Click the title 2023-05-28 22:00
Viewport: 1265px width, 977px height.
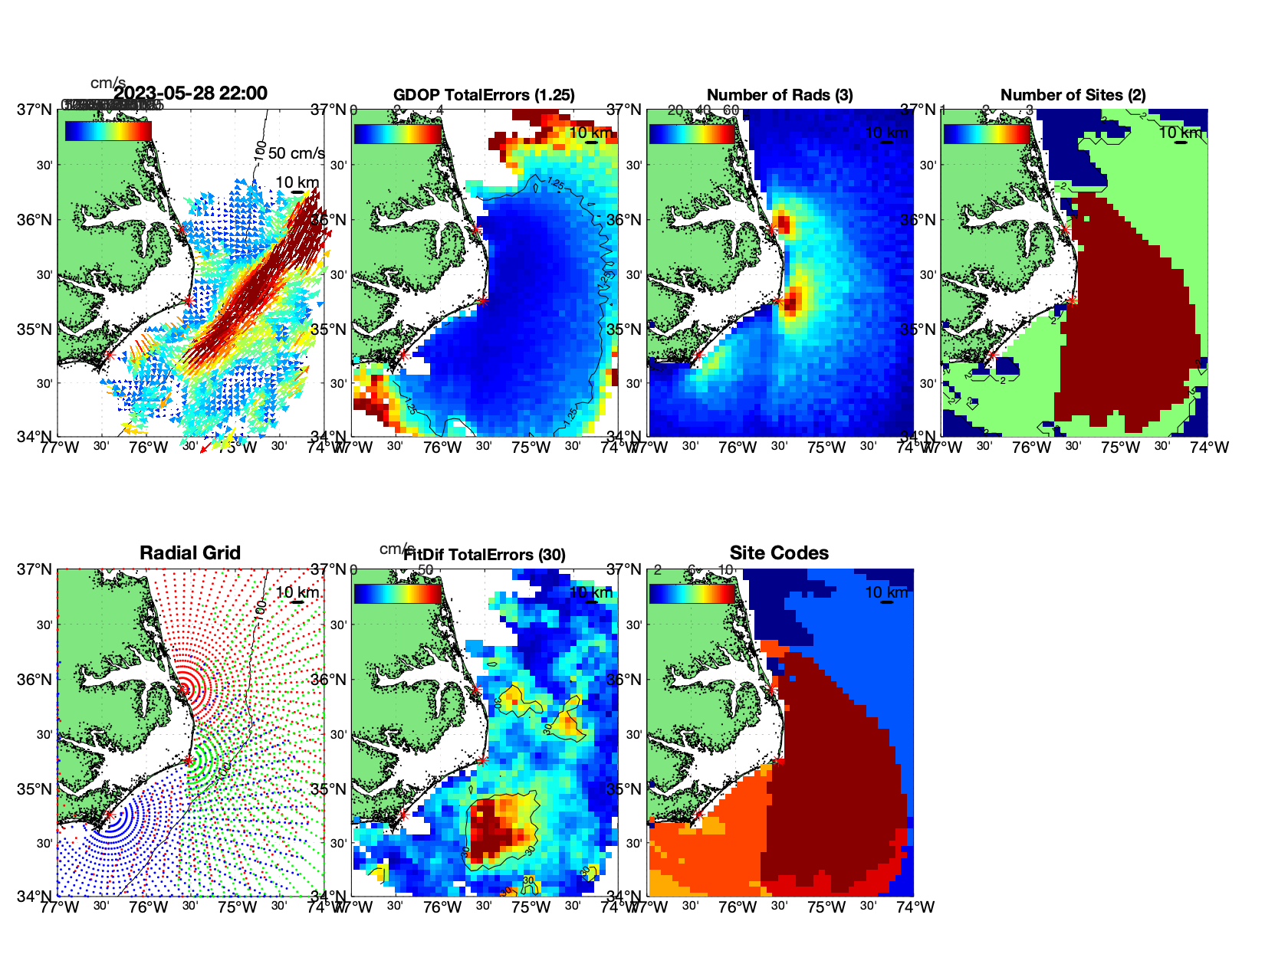click(190, 93)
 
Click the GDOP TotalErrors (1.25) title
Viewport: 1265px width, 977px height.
click(484, 95)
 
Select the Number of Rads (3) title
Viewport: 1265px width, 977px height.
click(780, 95)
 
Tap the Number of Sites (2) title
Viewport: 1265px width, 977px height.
click(1073, 95)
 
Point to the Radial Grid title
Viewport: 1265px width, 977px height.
click(190, 553)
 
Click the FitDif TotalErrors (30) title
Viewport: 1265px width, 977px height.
click(484, 555)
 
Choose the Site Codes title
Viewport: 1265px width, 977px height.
click(779, 553)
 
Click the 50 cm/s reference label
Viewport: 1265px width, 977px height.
click(296, 153)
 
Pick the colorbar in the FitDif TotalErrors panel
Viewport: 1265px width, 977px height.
click(397, 593)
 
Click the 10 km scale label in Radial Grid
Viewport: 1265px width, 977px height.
click(297, 592)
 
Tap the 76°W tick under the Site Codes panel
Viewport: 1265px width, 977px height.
click(738, 907)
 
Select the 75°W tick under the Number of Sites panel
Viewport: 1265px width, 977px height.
click(1120, 448)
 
